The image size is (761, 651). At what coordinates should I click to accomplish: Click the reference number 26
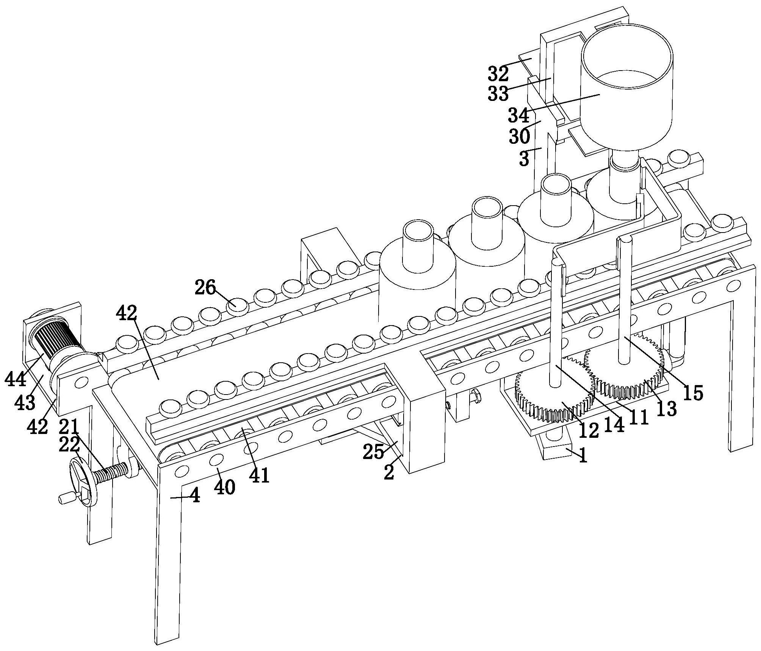point(205,288)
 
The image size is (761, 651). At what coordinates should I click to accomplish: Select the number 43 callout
point(25,403)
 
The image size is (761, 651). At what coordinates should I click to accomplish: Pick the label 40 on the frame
point(224,487)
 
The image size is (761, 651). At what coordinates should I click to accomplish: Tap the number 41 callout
point(259,475)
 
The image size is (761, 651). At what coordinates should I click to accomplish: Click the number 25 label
point(374,452)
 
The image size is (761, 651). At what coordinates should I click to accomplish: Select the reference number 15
point(692,393)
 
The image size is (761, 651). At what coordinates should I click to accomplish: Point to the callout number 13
point(667,409)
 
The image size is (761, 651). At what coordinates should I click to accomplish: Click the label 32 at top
point(498,74)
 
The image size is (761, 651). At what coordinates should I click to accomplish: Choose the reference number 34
point(518,115)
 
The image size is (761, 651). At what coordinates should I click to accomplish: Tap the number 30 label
point(519,136)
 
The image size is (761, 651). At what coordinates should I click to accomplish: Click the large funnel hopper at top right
point(627,91)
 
